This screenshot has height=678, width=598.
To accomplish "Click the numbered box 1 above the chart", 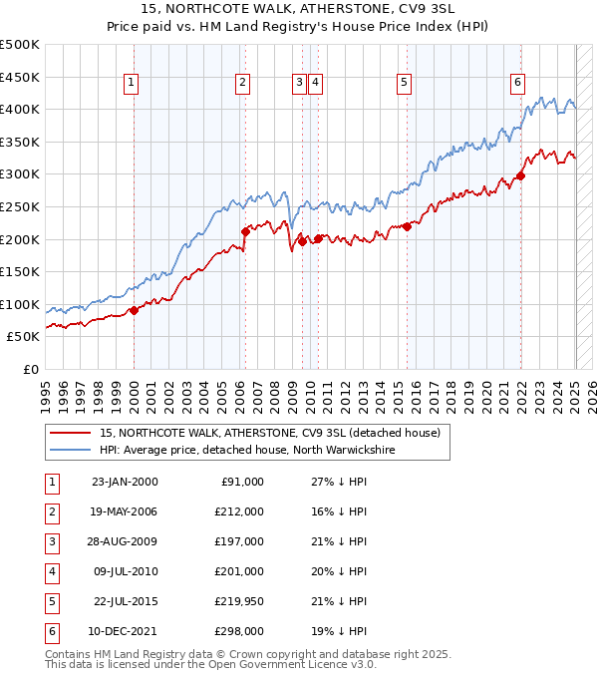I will pyautogui.click(x=133, y=83).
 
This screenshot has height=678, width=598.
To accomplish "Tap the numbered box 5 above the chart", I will pyautogui.click(x=404, y=83).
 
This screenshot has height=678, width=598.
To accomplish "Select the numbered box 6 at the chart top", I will pyautogui.click(x=518, y=83).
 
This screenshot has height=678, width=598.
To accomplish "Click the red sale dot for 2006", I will pyautogui.click(x=245, y=231).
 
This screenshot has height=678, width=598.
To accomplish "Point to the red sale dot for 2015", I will pyautogui.click(x=407, y=226).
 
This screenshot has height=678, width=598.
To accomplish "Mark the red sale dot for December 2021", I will pyautogui.click(x=520, y=175).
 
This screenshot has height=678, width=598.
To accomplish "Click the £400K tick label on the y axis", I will pyautogui.click(x=20, y=109).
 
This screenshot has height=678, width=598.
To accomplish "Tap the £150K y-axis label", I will pyautogui.click(x=20, y=271).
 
